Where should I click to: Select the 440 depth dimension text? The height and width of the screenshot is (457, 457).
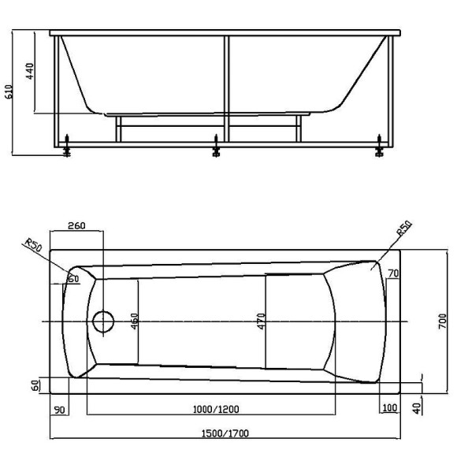(x=30, y=72)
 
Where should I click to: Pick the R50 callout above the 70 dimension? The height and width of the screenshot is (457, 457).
(x=403, y=230)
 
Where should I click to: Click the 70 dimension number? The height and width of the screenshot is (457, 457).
(x=394, y=273)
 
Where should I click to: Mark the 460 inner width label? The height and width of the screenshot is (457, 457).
(x=135, y=321)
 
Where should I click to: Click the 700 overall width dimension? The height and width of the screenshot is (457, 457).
(x=444, y=320)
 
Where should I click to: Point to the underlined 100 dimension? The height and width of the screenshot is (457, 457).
(x=388, y=408)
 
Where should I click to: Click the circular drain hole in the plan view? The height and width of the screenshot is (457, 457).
(x=102, y=321)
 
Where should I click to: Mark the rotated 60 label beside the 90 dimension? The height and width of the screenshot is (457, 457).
(x=36, y=386)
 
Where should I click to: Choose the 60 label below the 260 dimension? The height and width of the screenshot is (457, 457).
(x=73, y=279)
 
